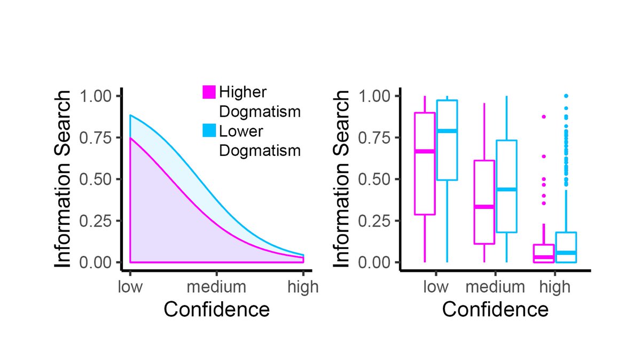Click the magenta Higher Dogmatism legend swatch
click(x=209, y=92)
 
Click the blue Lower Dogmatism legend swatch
click(x=209, y=130)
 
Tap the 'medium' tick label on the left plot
click(x=216, y=287)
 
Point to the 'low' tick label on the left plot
click(x=130, y=287)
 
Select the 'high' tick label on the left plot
click(x=303, y=287)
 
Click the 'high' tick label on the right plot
click(x=555, y=287)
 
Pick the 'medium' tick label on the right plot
click(x=495, y=287)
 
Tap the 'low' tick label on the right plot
click(x=436, y=287)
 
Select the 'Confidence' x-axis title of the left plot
click(x=216, y=310)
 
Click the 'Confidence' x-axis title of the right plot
click(x=495, y=310)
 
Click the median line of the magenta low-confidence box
click(x=425, y=151)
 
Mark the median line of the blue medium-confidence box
click(x=506, y=190)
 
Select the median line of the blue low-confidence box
click(x=447, y=131)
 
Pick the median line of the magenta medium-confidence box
click(x=484, y=207)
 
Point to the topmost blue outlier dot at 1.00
click(x=566, y=96)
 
